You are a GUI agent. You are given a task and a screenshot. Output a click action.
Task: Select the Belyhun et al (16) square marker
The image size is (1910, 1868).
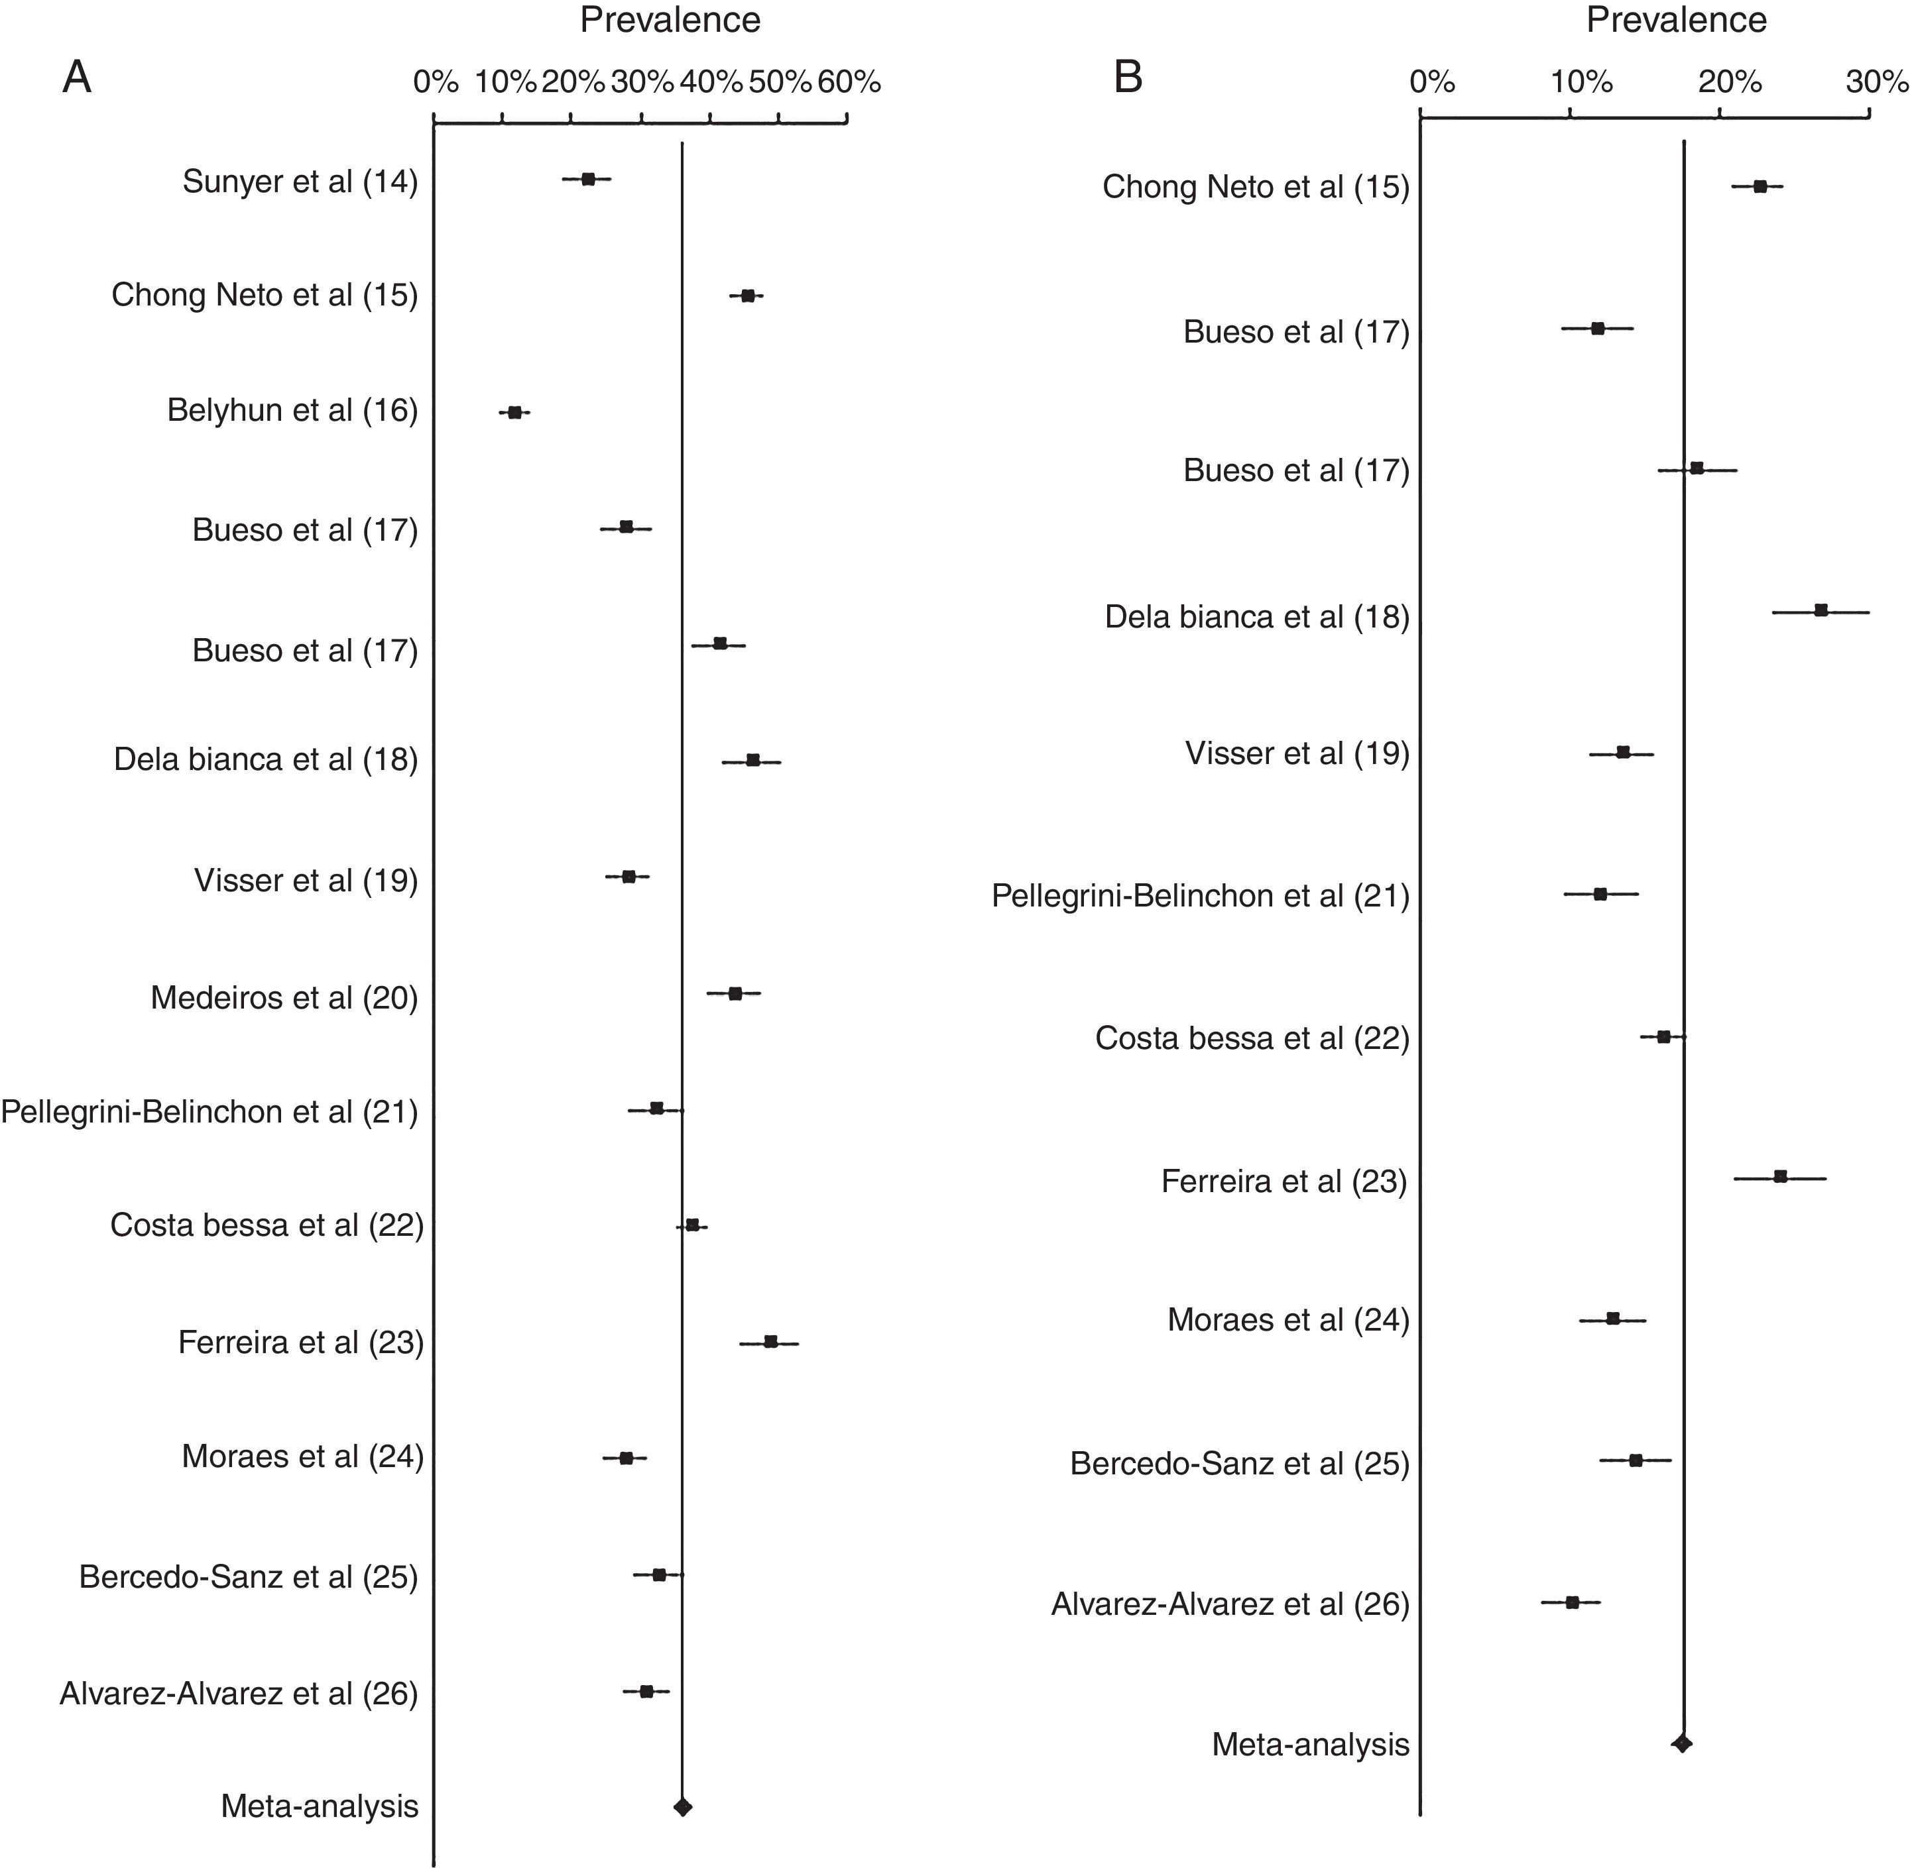tap(514, 413)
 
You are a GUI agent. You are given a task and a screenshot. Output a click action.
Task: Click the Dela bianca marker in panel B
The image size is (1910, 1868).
tap(1820, 610)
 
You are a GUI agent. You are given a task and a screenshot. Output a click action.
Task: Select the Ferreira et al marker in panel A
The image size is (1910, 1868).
tap(770, 1341)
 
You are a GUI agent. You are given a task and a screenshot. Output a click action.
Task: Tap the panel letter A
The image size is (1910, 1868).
tap(76, 76)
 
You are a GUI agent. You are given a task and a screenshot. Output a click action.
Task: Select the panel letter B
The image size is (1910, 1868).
tap(1128, 76)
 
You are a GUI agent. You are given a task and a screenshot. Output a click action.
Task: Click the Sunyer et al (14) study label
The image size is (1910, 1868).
tap(300, 182)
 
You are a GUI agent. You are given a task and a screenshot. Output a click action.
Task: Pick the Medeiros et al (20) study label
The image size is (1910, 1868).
tap(284, 998)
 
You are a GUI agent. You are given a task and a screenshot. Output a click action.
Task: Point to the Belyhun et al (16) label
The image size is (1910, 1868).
tap(292, 410)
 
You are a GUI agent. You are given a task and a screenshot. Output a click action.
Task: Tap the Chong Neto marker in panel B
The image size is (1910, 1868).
tap(1760, 186)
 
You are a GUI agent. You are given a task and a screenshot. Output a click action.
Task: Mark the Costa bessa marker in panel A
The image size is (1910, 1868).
tap(692, 1225)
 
